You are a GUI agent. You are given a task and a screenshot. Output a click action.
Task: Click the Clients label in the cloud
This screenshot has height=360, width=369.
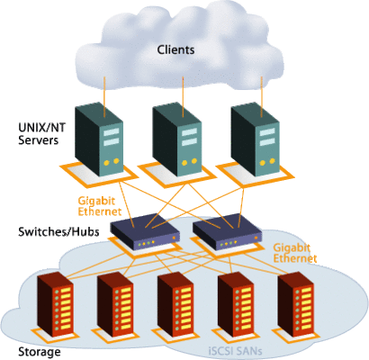(175, 49)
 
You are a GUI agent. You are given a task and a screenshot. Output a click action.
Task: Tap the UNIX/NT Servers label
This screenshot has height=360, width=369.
(41, 134)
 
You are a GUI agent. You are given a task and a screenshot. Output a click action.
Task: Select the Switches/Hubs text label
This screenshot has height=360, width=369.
(58, 232)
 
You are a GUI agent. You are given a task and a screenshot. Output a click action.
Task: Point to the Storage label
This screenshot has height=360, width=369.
(40, 352)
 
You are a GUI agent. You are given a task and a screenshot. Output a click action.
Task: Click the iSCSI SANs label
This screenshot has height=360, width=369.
(235, 351)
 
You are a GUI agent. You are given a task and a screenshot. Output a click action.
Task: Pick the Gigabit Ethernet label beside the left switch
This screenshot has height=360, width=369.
(100, 206)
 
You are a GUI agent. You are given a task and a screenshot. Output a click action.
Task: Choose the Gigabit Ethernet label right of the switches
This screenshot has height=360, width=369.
(295, 253)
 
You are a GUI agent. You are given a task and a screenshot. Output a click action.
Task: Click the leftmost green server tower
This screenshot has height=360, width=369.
(99, 139)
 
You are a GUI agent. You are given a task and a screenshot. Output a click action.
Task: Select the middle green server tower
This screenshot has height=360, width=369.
(176, 139)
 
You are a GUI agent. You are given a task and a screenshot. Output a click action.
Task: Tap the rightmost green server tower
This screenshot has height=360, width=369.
(256, 139)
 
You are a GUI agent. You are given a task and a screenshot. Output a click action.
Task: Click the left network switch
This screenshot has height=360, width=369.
(145, 231)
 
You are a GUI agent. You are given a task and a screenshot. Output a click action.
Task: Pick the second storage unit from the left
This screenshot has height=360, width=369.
(115, 305)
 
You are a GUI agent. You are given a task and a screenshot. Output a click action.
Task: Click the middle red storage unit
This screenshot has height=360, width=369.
(175, 305)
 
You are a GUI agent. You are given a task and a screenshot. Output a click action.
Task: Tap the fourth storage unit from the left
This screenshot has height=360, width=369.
(236, 305)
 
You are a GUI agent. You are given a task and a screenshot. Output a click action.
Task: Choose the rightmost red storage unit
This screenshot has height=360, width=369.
(296, 305)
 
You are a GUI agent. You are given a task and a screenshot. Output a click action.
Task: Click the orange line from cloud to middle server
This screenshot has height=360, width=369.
(183, 96)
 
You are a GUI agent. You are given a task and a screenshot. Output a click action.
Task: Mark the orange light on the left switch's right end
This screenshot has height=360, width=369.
(174, 238)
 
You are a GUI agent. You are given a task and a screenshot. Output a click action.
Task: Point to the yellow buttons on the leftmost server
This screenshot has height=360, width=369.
(111, 162)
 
